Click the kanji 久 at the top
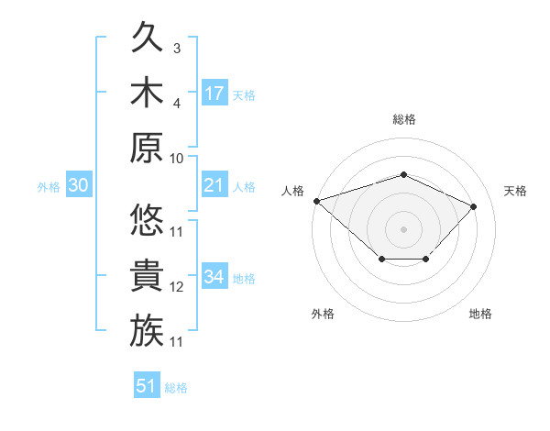(x=147, y=37)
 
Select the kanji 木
(x=147, y=92)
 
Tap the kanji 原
(x=147, y=148)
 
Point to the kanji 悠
(x=147, y=220)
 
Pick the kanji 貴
(x=147, y=275)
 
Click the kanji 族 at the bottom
(x=147, y=330)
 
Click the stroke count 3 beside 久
(x=177, y=49)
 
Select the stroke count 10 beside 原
(x=176, y=159)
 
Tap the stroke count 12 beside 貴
(x=176, y=287)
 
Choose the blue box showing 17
(x=214, y=93)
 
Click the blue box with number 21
(x=214, y=184)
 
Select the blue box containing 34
(x=214, y=275)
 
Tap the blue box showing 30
(x=79, y=184)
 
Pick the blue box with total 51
(x=147, y=384)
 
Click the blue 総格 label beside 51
(x=176, y=388)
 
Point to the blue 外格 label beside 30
(x=49, y=187)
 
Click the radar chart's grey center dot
(x=403, y=229)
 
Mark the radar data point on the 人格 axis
(x=317, y=201)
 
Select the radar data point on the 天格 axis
(x=473, y=206)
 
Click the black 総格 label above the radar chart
(x=404, y=119)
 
